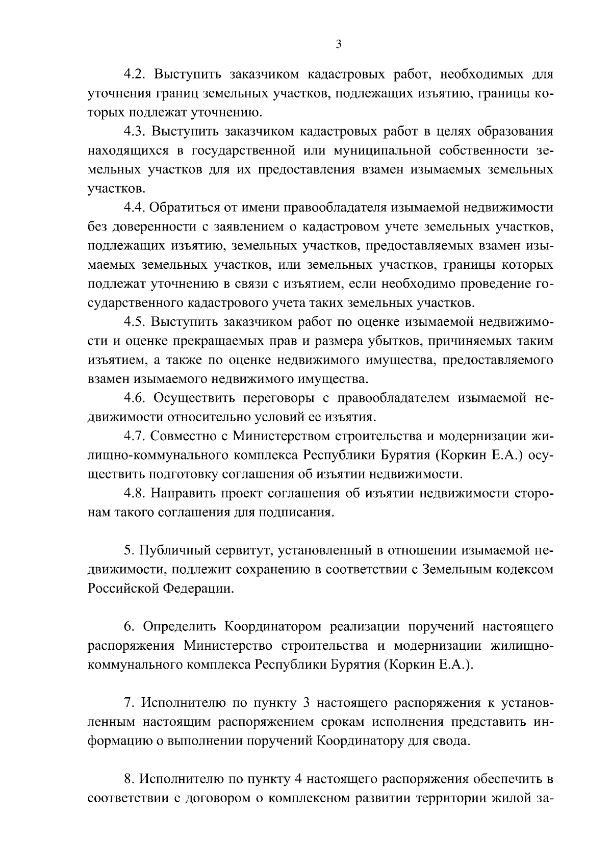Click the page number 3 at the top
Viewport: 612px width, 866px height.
338,44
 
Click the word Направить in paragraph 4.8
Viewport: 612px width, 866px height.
184,494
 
